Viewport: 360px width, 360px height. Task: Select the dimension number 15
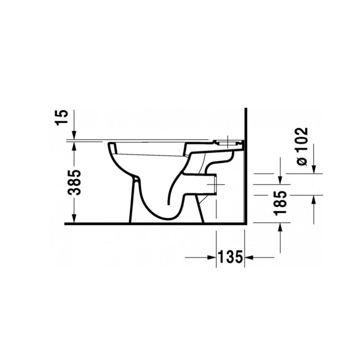pyautogui.click(x=62, y=117)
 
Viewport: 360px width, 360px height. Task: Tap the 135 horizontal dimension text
pyautogui.click(x=230, y=257)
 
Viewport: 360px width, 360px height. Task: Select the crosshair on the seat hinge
pyautogui.click(x=228, y=141)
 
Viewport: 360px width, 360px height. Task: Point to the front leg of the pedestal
pyautogui.click(x=134, y=202)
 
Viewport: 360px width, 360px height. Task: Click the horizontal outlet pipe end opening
pyautogui.click(x=216, y=184)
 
